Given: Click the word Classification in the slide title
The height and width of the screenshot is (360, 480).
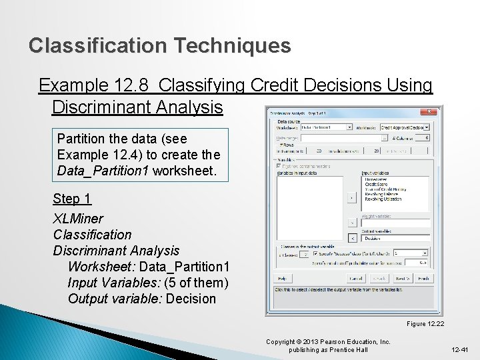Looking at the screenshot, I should click(x=97, y=46).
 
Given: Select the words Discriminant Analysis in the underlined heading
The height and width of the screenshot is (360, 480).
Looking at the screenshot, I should click(x=137, y=107).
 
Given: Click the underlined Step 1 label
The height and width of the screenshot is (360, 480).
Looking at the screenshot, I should click(x=72, y=199).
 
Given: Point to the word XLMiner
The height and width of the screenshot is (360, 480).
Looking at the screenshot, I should click(x=78, y=218).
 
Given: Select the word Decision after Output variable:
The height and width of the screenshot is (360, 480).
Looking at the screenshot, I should click(x=191, y=299).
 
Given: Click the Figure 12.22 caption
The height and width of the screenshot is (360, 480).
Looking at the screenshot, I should click(x=425, y=324).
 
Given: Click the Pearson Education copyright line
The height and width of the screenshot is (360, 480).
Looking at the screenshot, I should click(x=328, y=342).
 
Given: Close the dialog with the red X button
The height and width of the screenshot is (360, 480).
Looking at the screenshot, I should click(x=430, y=112).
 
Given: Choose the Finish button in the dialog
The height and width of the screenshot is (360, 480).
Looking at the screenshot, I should click(x=422, y=279).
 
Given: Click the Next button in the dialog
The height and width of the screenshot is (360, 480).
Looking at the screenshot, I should click(x=401, y=279).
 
